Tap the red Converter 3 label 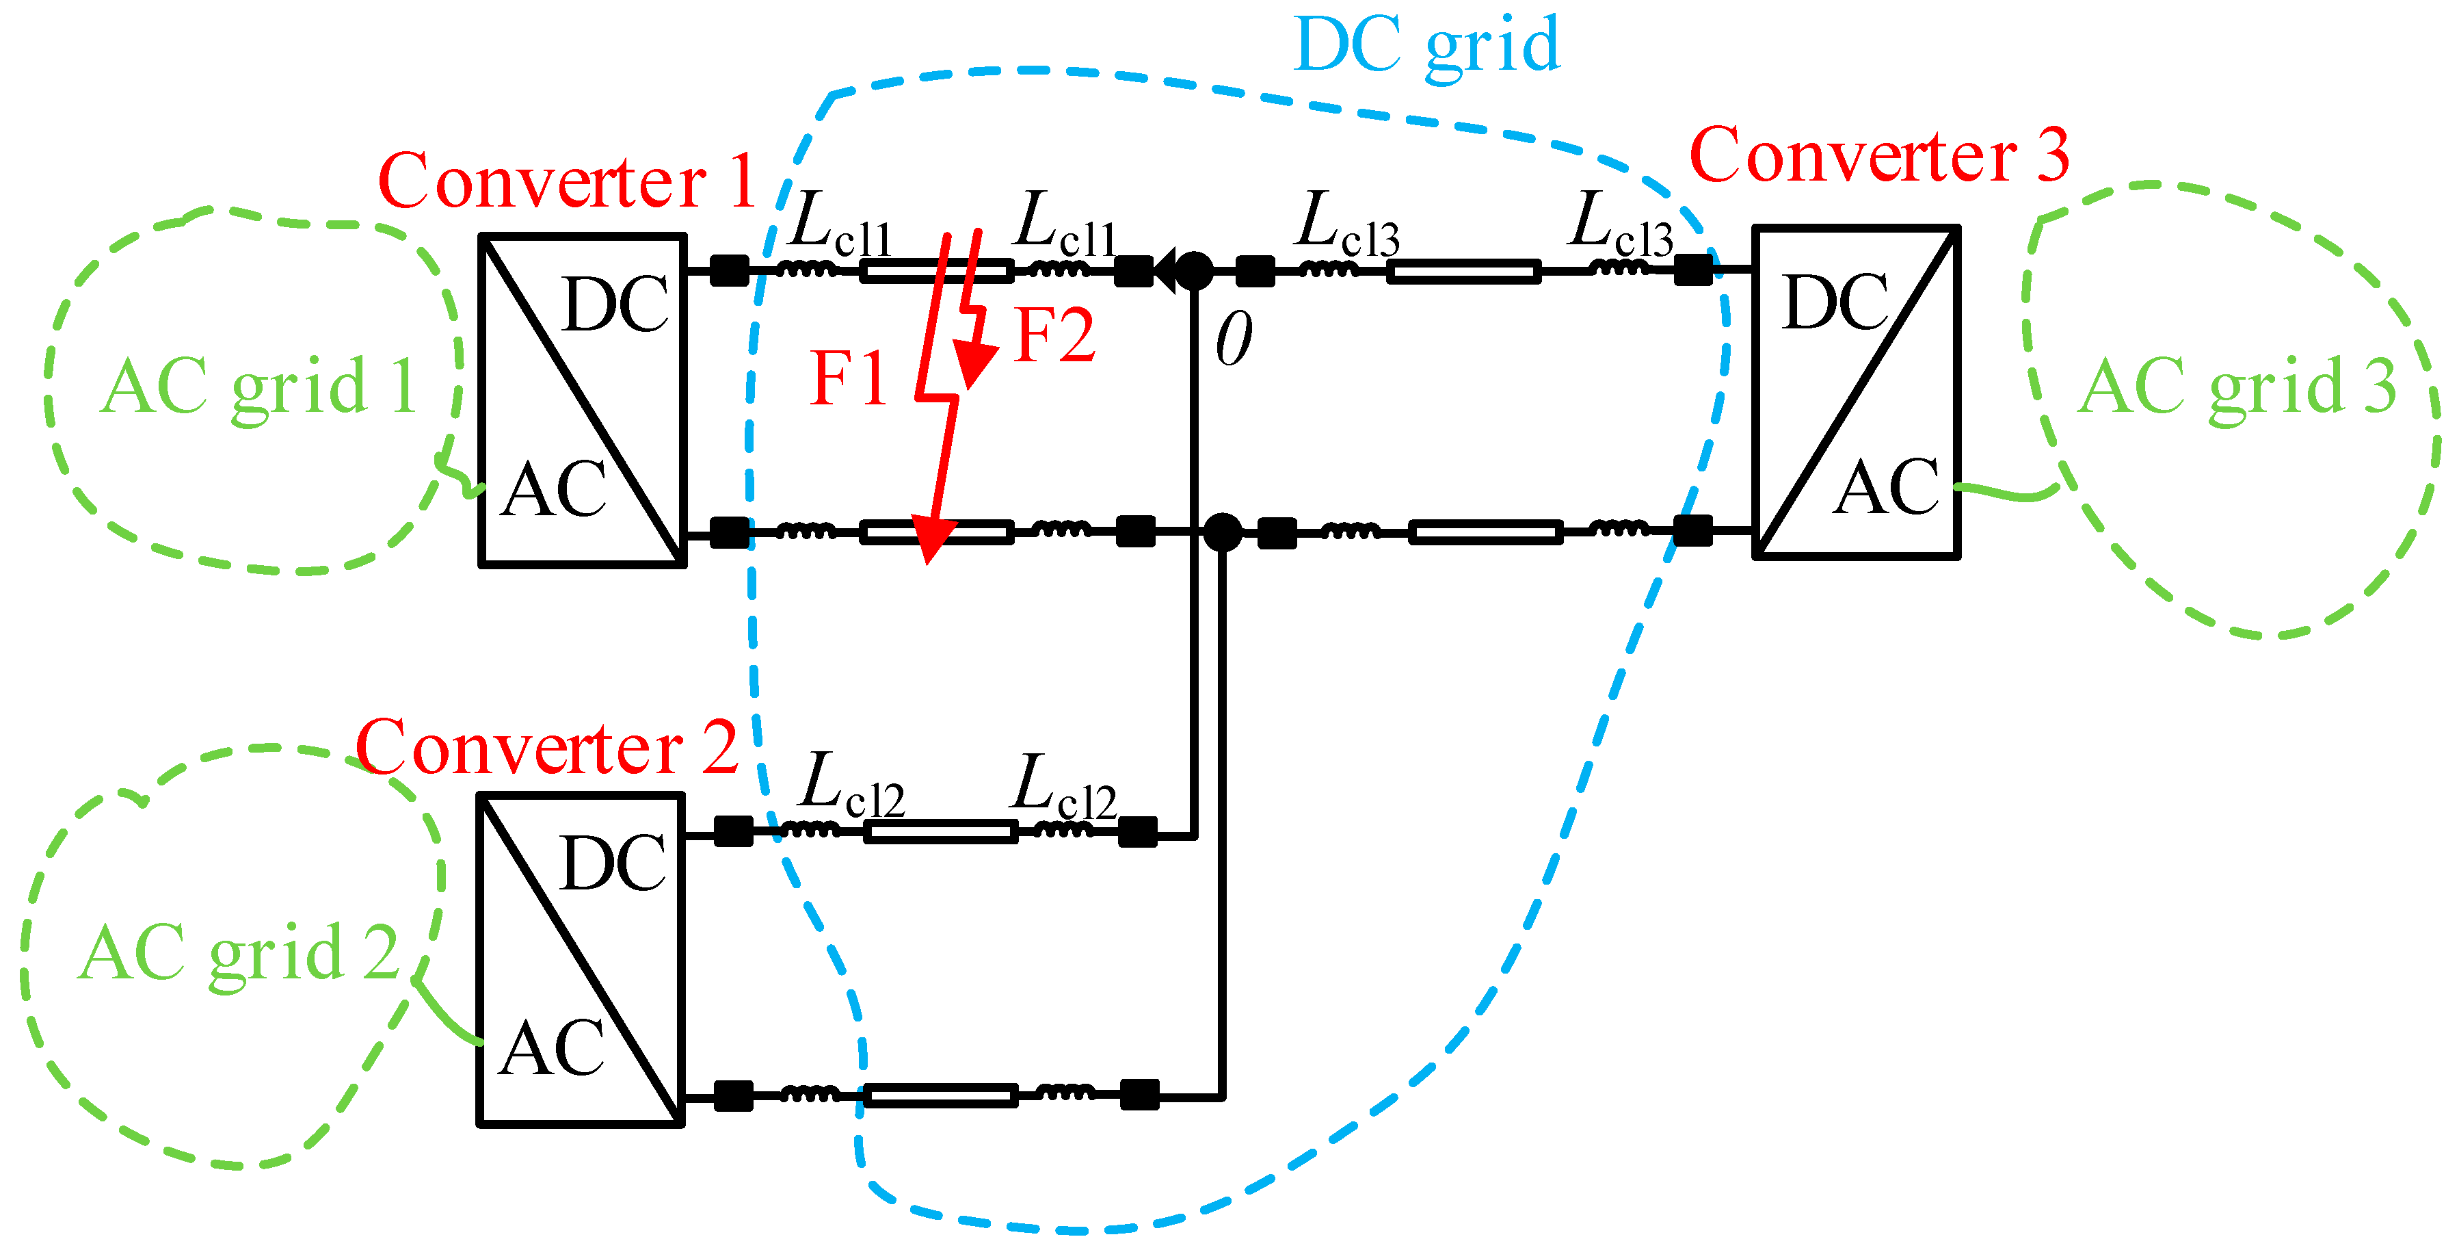(1878, 156)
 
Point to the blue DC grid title (1426, 46)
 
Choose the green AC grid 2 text (238, 953)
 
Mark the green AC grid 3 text (2237, 387)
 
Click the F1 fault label (848, 379)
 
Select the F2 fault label (1054, 335)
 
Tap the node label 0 (1234, 340)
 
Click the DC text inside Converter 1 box (615, 306)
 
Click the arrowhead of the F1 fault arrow (931, 540)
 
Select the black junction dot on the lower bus (1222, 532)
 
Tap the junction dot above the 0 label (1193, 271)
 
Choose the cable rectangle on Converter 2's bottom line (940, 1095)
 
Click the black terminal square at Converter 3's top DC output (1692, 270)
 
